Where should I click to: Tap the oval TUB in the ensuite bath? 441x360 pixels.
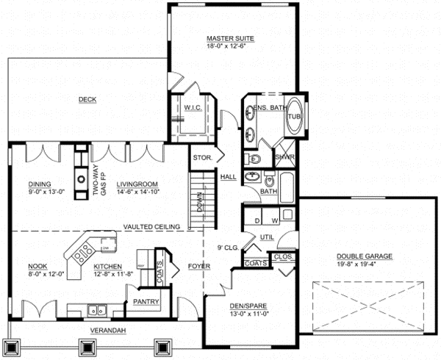click(294, 116)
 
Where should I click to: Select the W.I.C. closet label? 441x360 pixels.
click(193, 107)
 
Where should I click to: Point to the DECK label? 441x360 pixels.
click(87, 99)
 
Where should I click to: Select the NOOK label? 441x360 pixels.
click(37, 266)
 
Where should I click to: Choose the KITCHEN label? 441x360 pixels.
click(108, 266)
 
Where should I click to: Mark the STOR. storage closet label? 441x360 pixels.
click(202, 157)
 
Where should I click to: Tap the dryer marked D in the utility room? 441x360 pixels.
click(257, 218)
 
